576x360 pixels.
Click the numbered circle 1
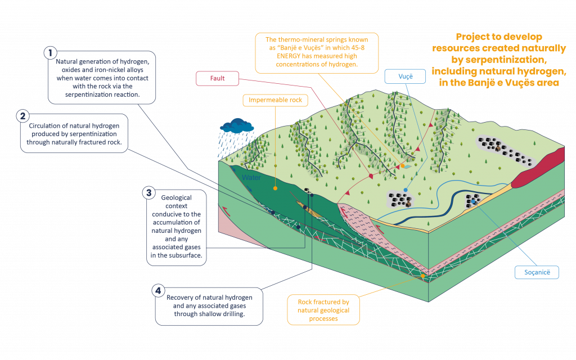point(51,53)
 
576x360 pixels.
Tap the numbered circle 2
point(22,116)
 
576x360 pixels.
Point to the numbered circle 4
point(159,291)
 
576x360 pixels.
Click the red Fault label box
point(218,78)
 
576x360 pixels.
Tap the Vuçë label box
point(405,76)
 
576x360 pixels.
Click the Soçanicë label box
point(537,273)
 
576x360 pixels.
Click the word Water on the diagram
point(251,178)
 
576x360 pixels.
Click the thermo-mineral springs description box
point(317,53)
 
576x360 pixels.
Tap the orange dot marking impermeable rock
point(275,188)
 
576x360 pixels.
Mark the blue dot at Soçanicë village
point(474,201)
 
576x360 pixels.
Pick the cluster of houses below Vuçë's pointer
point(400,199)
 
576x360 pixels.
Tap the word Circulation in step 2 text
point(44,125)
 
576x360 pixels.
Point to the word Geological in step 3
point(177,198)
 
